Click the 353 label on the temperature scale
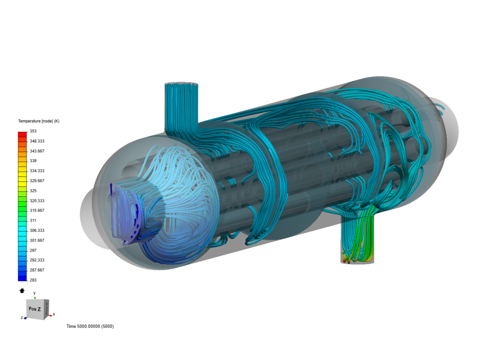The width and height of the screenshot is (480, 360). (x=33, y=131)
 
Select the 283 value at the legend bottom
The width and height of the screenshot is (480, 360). (x=33, y=280)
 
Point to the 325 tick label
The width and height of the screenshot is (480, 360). (x=33, y=191)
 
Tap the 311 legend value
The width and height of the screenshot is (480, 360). (x=33, y=220)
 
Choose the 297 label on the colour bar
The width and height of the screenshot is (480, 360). (x=33, y=250)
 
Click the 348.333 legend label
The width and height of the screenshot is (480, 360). (x=37, y=141)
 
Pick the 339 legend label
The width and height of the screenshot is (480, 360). (x=33, y=161)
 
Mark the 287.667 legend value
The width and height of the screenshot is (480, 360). (x=37, y=270)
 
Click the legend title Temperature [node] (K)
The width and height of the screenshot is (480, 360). (x=39, y=121)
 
